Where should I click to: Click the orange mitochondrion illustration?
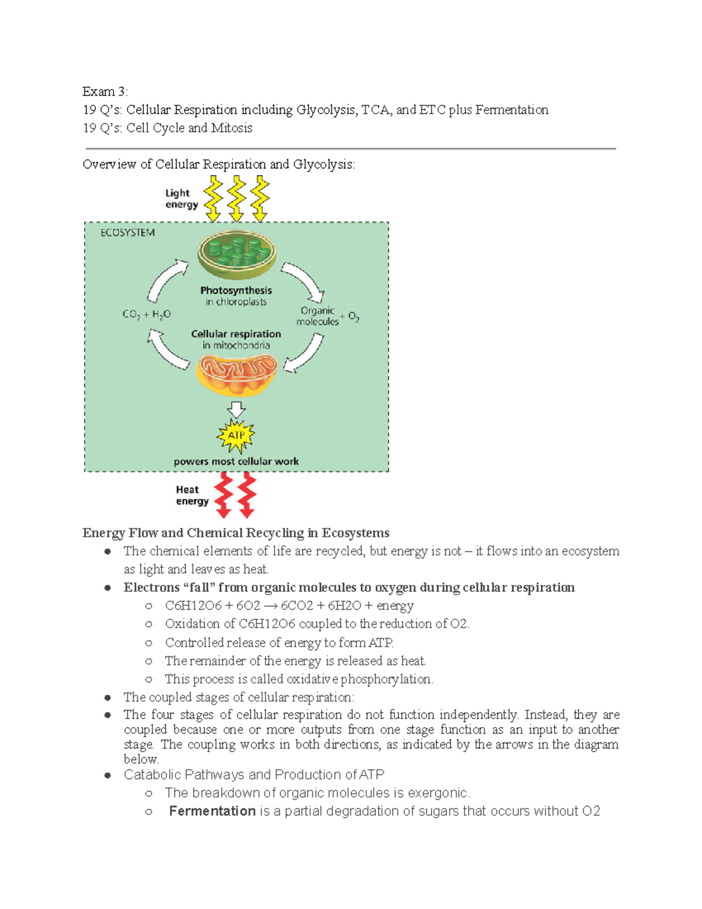(x=237, y=375)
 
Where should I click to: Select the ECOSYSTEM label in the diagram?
(x=128, y=233)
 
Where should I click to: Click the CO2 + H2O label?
(x=146, y=314)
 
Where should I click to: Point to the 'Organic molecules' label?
(x=318, y=316)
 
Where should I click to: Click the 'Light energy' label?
(x=181, y=199)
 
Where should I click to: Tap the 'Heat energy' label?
(x=192, y=495)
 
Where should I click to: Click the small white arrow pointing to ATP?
(x=236, y=409)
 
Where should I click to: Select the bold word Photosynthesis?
(x=236, y=290)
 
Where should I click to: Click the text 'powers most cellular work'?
(x=236, y=461)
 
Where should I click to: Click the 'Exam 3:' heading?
(x=105, y=91)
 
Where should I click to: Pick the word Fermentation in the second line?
(x=511, y=110)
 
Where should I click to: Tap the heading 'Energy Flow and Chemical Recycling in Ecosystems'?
(x=236, y=533)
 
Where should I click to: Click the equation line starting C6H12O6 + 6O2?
(x=289, y=605)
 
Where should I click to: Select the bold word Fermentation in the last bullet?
(x=212, y=811)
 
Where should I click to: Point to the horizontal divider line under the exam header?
(x=351, y=149)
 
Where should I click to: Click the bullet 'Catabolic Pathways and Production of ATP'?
(x=254, y=774)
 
